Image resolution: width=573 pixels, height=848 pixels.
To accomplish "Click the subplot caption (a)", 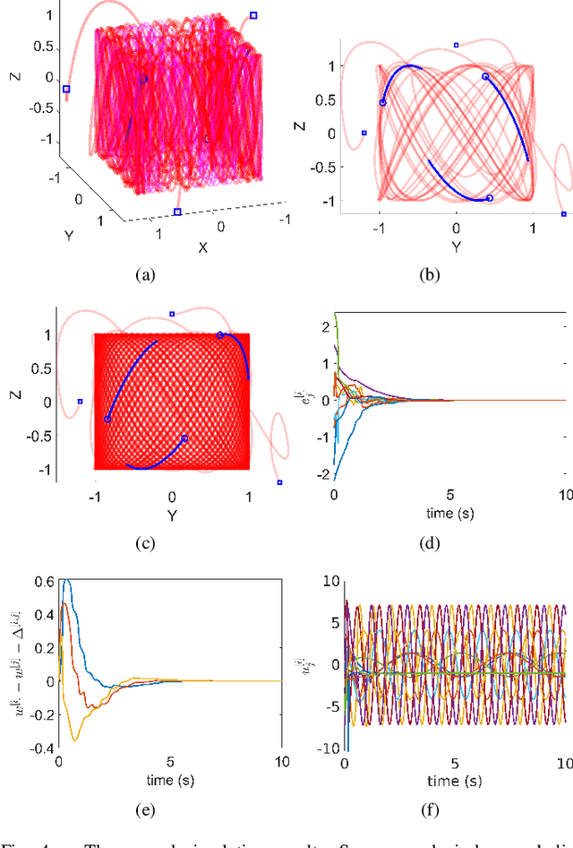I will (x=143, y=276).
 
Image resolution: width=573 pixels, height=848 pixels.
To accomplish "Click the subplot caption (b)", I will (x=431, y=276).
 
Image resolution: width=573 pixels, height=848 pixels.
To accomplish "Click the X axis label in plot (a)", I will (x=202, y=247).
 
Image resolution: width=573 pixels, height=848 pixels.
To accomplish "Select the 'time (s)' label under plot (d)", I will (x=450, y=513).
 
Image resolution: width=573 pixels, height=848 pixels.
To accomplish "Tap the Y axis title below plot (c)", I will (x=171, y=515).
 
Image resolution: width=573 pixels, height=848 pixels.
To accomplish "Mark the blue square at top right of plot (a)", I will (x=253, y=15).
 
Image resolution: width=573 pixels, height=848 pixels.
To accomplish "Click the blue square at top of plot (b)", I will (x=456, y=45).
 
